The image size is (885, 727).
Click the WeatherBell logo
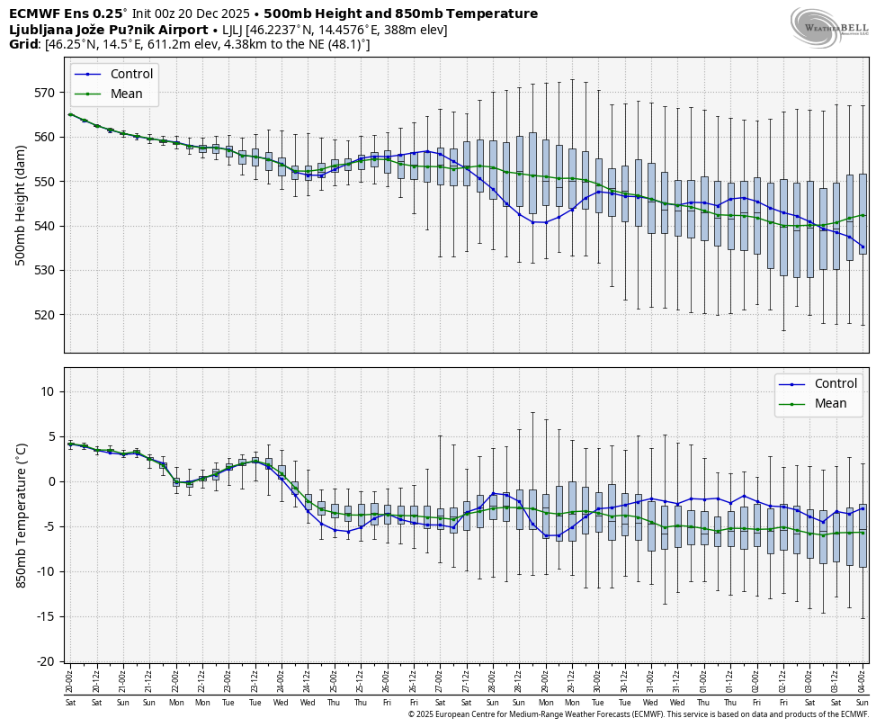tap(828, 27)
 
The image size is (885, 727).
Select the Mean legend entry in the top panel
tap(126, 94)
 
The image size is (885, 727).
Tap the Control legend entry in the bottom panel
tap(836, 383)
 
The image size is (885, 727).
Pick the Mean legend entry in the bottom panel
tap(830, 403)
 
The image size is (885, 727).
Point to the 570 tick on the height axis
tap(47, 93)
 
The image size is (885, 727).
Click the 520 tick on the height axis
tap(47, 315)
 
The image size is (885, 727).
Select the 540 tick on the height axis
tap(47, 226)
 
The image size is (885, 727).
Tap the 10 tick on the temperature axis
tap(49, 391)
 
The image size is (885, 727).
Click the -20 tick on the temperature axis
tap(45, 661)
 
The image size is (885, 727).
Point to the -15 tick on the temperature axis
tap(45, 616)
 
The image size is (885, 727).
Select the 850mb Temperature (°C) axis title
tap(21, 515)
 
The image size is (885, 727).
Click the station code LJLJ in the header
tap(231, 30)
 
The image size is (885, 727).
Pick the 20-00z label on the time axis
tap(70, 679)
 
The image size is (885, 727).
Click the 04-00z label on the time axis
tap(863, 679)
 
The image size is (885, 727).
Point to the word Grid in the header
tap(23, 44)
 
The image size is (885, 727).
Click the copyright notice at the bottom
tap(638, 714)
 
